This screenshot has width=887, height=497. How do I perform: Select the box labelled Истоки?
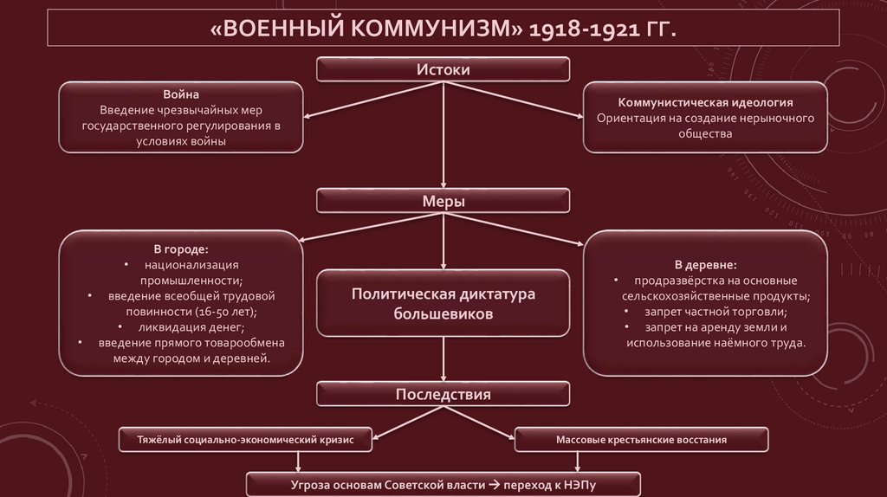click(x=443, y=69)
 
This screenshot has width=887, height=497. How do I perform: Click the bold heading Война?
click(x=180, y=93)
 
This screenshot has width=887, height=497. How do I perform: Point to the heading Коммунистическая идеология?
click(x=705, y=102)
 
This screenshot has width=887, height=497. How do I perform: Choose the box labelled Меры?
click(x=443, y=201)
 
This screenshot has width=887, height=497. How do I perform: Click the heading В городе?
click(x=180, y=249)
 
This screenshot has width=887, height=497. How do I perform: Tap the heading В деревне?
click(x=705, y=264)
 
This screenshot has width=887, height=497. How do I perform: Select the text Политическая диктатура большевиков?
click(x=443, y=304)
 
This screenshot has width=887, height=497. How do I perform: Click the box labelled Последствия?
click(x=443, y=395)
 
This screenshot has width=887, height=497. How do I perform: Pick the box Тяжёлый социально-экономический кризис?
click(x=247, y=440)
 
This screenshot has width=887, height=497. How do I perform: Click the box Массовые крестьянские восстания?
click(x=641, y=440)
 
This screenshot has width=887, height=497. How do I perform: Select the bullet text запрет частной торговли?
click(x=715, y=312)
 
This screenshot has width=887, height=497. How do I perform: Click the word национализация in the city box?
click(x=191, y=265)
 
